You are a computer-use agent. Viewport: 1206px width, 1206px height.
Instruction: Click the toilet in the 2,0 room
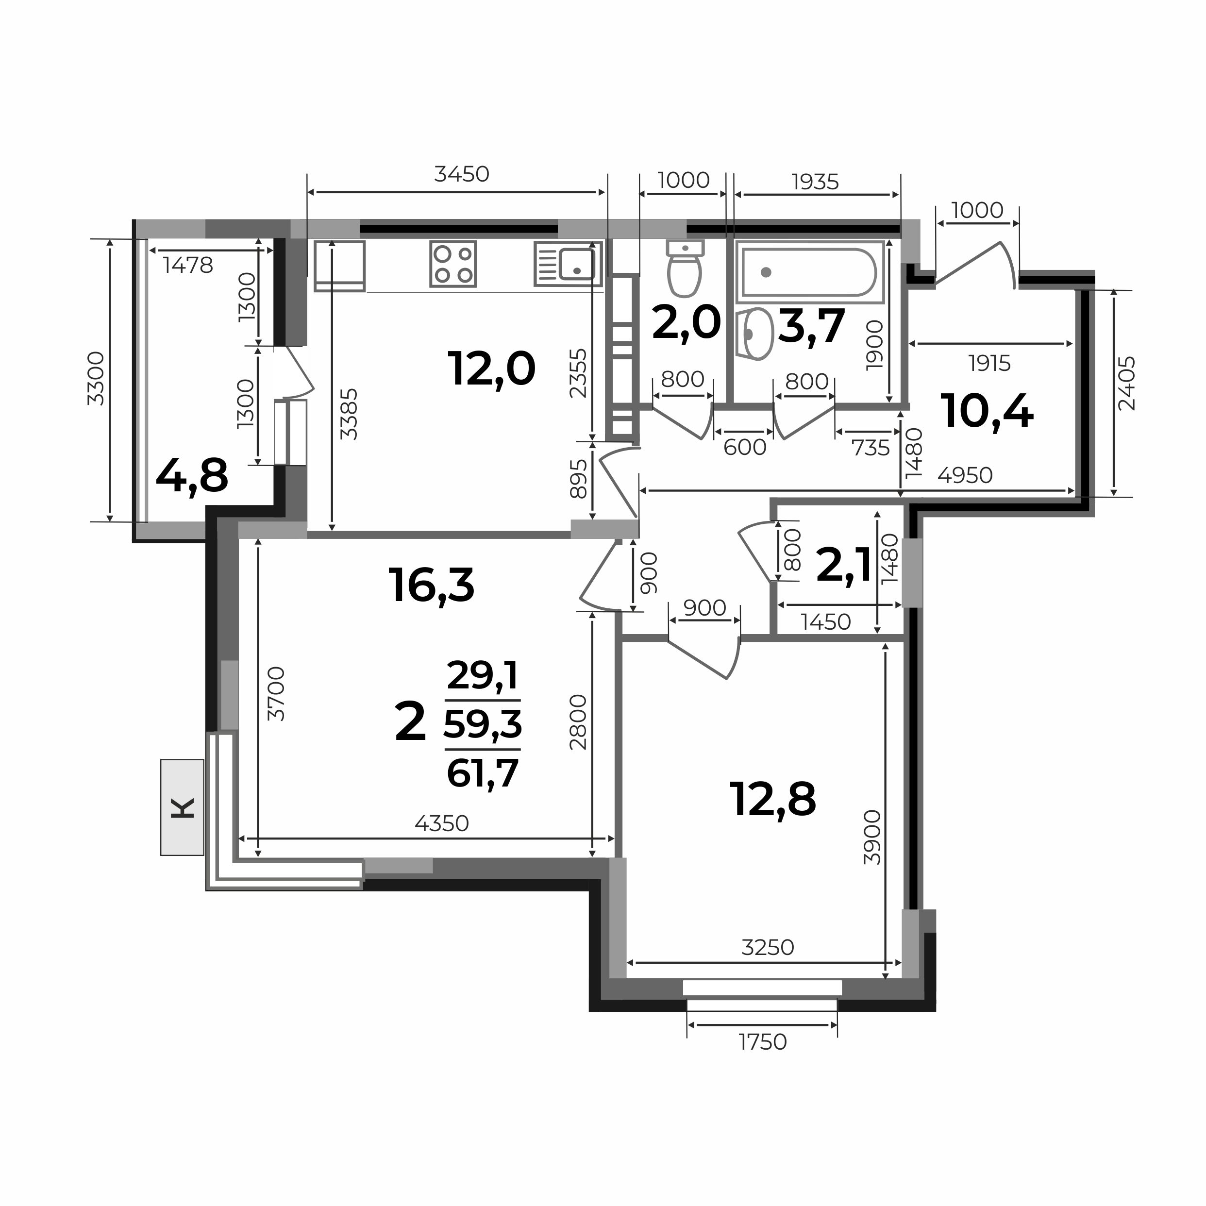tap(686, 268)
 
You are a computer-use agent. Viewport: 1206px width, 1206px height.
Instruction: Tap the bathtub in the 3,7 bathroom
tap(810, 272)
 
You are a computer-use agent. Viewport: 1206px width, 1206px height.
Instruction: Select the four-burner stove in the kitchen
tap(453, 264)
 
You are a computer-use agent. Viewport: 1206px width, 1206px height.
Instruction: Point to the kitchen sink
tap(568, 264)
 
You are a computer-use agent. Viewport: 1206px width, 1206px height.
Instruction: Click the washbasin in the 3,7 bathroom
tap(755, 334)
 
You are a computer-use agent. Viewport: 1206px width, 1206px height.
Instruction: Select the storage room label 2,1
tap(844, 567)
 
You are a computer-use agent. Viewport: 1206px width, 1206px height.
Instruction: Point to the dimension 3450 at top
tap(461, 174)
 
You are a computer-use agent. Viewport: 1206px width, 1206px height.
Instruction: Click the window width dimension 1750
tap(763, 1042)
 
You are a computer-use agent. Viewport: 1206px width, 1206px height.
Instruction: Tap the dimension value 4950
tap(965, 476)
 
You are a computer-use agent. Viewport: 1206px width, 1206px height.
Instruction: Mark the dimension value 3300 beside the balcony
tap(96, 378)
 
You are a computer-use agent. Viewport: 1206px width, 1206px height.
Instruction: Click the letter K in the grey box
tap(182, 808)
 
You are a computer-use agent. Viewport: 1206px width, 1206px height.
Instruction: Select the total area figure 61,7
tap(483, 773)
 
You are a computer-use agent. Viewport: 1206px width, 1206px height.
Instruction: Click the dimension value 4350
tap(441, 824)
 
